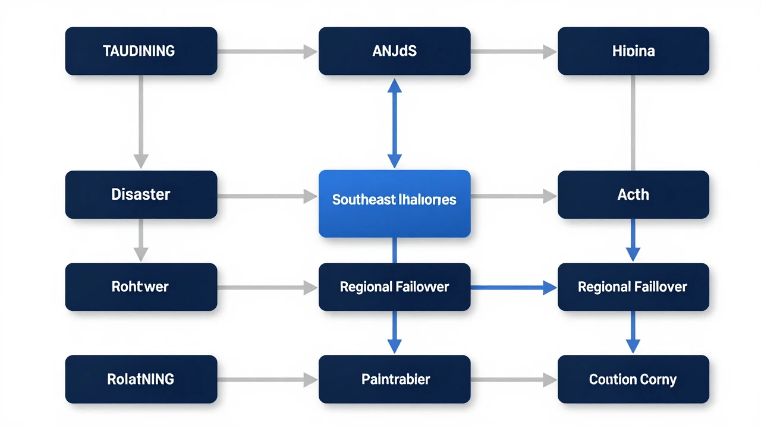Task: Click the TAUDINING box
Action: click(141, 51)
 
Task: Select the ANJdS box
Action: click(394, 51)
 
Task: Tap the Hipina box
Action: click(633, 51)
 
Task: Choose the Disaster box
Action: click(141, 194)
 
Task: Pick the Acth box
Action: click(633, 194)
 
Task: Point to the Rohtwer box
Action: click(141, 287)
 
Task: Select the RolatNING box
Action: click(141, 379)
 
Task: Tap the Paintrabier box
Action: click(394, 379)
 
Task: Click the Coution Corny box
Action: click(633, 379)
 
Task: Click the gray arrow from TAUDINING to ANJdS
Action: click(268, 52)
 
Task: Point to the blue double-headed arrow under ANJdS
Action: click(394, 123)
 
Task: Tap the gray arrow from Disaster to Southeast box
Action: click(268, 195)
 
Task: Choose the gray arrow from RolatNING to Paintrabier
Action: click(268, 379)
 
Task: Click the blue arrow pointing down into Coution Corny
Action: click(633, 333)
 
